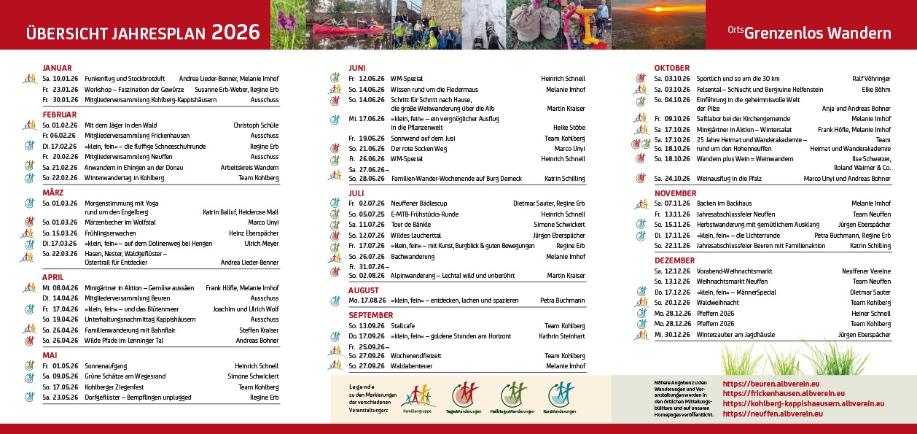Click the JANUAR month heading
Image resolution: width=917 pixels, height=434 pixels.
[57, 68]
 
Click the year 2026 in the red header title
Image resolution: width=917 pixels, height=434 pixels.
[235, 32]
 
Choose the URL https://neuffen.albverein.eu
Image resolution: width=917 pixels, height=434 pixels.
[773, 414]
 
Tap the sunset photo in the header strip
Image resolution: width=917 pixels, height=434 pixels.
[658, 25]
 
